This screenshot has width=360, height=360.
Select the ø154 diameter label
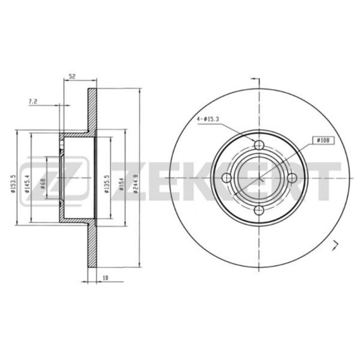click(x=121, y=181)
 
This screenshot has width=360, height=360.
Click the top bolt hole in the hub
click(x=260, y=145)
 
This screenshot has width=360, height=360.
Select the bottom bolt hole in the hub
click(x=260, y=210)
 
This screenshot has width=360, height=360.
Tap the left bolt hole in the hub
click(x=227, y=178)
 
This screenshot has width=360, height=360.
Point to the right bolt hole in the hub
click(x=292, y=178)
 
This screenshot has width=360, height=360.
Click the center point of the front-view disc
click(x=260, y=178)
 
